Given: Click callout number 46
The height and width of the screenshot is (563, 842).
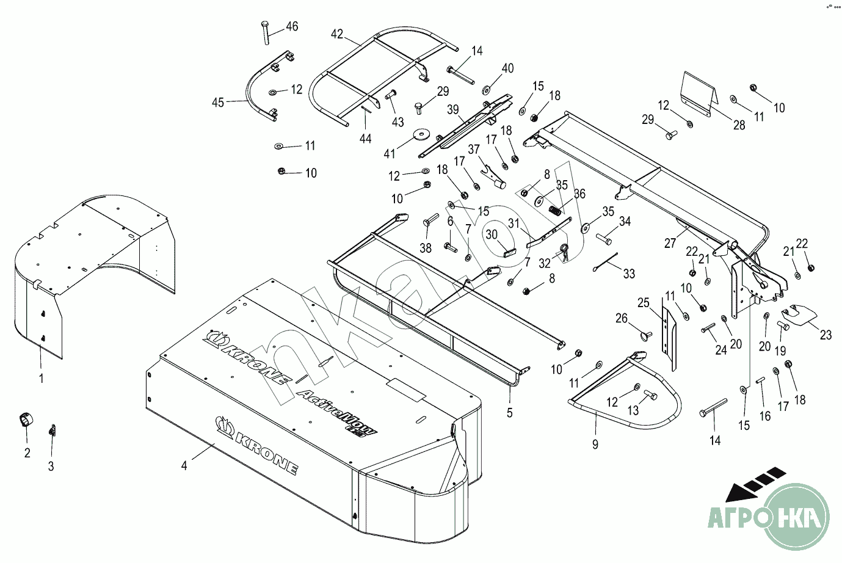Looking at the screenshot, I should point(292,26).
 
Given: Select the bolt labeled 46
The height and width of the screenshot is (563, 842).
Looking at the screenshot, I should point(265,32).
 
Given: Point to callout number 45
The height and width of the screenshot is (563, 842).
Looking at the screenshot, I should point(217,102).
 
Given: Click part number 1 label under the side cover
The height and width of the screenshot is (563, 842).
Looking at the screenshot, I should point(42,379).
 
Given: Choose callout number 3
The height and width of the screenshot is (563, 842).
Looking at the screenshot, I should point(51,467).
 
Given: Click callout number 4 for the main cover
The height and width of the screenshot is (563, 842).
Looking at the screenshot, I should point(184,465).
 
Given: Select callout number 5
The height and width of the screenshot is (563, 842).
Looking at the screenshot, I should point(509,413).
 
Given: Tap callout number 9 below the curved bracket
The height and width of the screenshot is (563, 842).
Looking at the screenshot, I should point(595,445).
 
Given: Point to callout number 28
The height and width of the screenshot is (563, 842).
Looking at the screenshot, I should point(739,125).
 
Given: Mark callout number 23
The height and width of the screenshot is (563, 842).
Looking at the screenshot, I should point(826,335).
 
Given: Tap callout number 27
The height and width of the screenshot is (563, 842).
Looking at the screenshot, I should point(670,244).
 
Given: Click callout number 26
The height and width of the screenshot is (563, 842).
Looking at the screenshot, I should point(621,318).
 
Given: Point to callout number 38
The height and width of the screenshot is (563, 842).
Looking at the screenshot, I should point(426,249).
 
